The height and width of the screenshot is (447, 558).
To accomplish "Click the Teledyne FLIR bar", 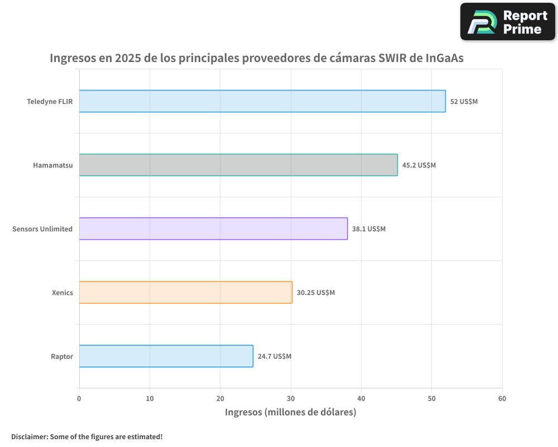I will (x=262, y=101).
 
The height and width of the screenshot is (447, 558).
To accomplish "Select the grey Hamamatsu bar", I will (x=238, y=165).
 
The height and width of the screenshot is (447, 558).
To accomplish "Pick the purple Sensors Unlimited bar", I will (x=213, y=229).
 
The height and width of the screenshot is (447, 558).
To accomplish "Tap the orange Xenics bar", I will (x=185, y=292).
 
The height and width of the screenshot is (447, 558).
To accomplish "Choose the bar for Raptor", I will (x=166, y=356).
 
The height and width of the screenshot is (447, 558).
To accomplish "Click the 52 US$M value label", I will (x=464, y=102).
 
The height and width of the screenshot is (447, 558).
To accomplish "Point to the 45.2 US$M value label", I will (x=419, y=165).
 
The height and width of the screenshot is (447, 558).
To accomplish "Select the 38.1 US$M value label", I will (x=369, y=229).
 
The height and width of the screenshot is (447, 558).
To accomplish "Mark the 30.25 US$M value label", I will (x=316, y=293).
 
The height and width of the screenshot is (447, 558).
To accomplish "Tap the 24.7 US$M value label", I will (x=275, y=356).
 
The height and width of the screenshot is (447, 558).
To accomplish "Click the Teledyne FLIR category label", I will (x=50, y=102).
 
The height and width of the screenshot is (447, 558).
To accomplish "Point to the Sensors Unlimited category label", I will (x=42, y=229).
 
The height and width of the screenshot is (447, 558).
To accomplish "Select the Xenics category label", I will (x=62, y=293).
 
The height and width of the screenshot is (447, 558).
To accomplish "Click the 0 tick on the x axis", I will (x=79, y=398).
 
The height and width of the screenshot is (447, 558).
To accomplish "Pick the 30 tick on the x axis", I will (x=291, y=398).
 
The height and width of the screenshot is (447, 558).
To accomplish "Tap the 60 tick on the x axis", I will (x=502, y=398).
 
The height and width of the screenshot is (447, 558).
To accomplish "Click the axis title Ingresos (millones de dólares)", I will (x=290, y=412).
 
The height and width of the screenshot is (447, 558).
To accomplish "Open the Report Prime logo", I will (x=508, y=22).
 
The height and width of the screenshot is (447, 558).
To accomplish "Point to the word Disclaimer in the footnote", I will (x=28, y=436).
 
